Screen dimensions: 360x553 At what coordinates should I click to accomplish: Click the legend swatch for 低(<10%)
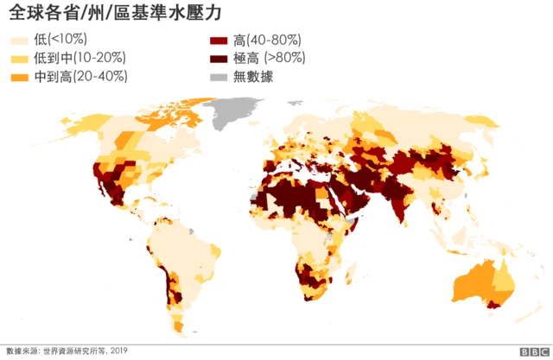(x=18, y=41)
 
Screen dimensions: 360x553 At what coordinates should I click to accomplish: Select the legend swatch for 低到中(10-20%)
(x=18, y=59)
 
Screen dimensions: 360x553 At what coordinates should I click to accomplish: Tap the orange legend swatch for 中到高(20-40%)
(x=18, y=77)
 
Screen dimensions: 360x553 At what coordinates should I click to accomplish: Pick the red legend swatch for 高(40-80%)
(x=219, y=41)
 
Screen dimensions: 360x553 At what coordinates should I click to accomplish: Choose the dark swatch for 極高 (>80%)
(x=219, y=59)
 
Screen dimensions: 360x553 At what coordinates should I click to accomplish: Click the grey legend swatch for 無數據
(x=219, y=77)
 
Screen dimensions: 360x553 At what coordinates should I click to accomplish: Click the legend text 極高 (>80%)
(x=269, y=59)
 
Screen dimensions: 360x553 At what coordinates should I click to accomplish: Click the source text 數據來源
(x=22, y=351)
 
